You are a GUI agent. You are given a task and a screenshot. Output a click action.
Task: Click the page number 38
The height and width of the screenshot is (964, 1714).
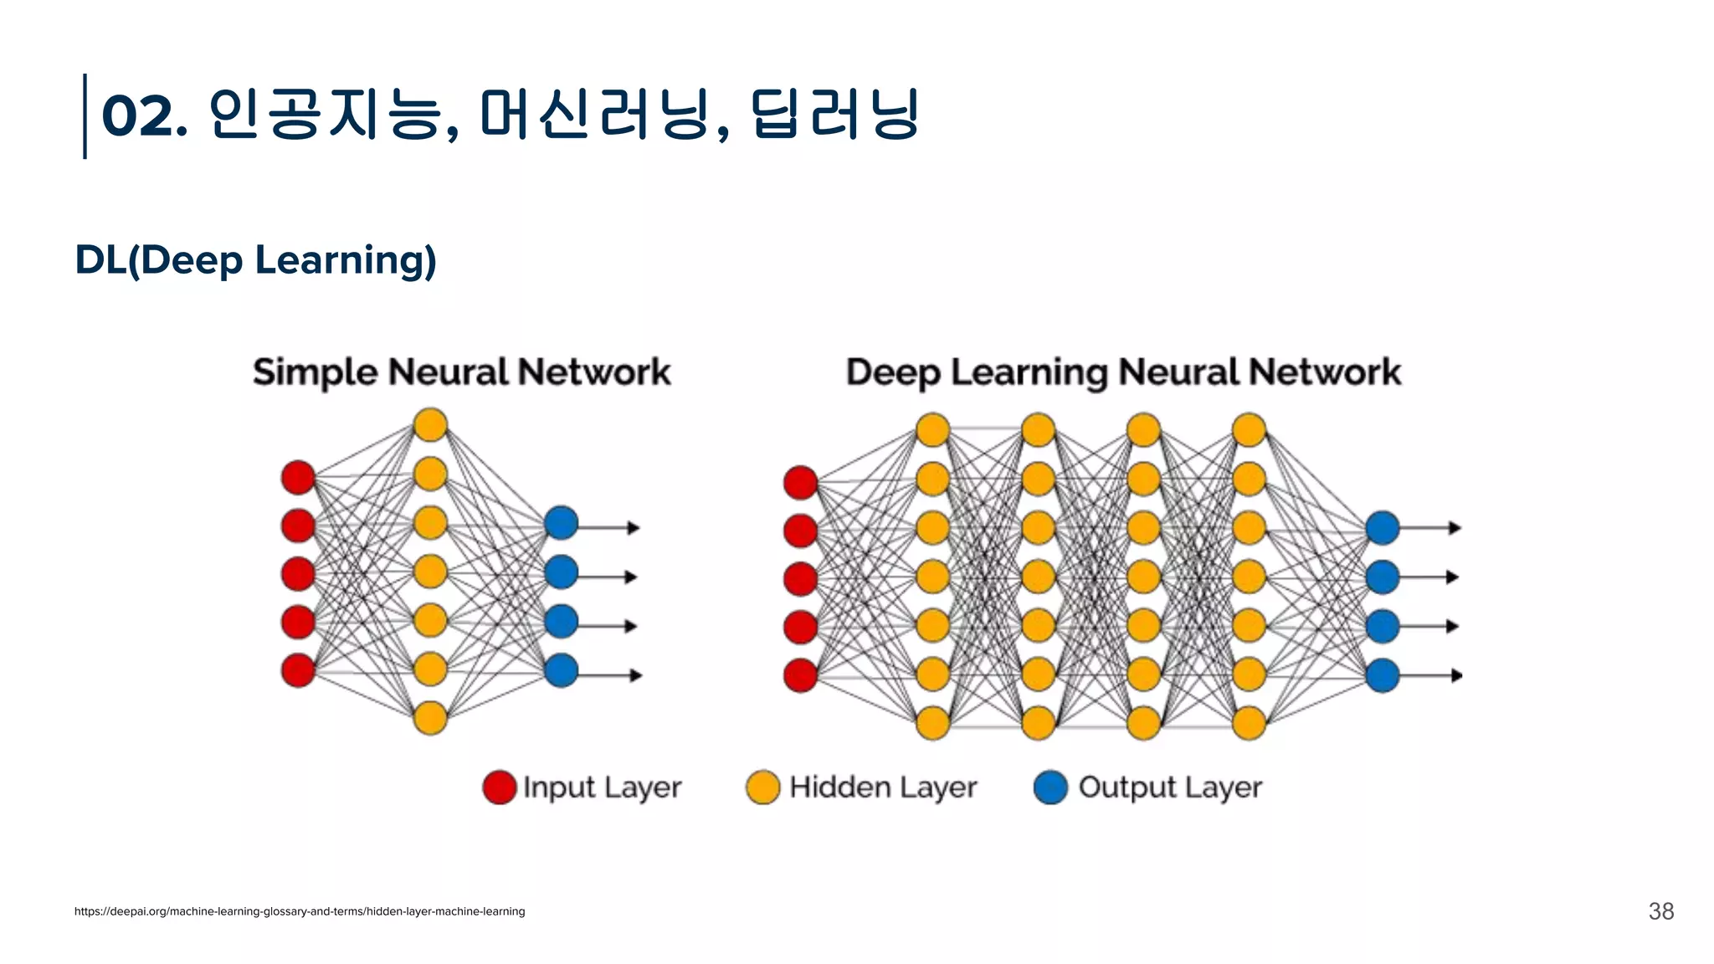click(1660, 911)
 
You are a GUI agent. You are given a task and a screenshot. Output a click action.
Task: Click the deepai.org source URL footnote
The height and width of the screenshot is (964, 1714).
click(300, 911)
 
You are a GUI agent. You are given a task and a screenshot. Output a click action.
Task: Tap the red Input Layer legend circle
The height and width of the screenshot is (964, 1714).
click(500, 787)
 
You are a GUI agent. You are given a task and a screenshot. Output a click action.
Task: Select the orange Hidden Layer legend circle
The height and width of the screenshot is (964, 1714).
click(762, 787)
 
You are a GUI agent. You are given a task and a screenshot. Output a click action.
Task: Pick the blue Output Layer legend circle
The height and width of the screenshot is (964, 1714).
click(1050, 787)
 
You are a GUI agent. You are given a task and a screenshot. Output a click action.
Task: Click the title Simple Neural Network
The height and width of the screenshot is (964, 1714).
click(461, 372)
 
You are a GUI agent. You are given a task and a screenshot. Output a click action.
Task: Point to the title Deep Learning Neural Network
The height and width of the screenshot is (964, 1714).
click(1123, 372)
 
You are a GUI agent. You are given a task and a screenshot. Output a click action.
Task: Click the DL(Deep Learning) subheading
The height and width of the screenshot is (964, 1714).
click(255, 259)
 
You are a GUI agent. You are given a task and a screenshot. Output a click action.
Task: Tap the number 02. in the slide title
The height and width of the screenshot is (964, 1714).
click(143, 115)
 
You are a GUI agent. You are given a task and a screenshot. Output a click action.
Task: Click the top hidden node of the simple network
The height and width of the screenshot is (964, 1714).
click(430, 424)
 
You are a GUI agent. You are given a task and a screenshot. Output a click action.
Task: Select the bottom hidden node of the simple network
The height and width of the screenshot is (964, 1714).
click(430, 718)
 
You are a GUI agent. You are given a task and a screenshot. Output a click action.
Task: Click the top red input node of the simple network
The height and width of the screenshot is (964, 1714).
click(298, 477)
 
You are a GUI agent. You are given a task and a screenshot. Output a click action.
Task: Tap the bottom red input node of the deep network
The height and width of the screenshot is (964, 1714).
click(800, 675)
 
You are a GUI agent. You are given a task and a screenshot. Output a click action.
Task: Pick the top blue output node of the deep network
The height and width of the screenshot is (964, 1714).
click(1383, 528)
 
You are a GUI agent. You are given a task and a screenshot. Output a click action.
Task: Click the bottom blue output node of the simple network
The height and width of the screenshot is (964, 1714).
click(561, 670)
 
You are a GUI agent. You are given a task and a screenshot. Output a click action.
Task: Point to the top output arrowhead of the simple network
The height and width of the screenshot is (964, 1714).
click(634, 528)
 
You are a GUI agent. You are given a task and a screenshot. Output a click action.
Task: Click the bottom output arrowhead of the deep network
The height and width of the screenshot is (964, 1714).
click(1456, 675)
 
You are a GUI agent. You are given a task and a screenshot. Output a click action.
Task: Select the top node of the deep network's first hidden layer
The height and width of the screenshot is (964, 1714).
click(932, 430)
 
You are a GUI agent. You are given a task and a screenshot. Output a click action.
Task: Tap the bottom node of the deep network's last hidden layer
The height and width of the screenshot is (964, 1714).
click(1249, 723)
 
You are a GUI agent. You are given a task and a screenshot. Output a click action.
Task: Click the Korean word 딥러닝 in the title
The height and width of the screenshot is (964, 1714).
click(834, 115)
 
